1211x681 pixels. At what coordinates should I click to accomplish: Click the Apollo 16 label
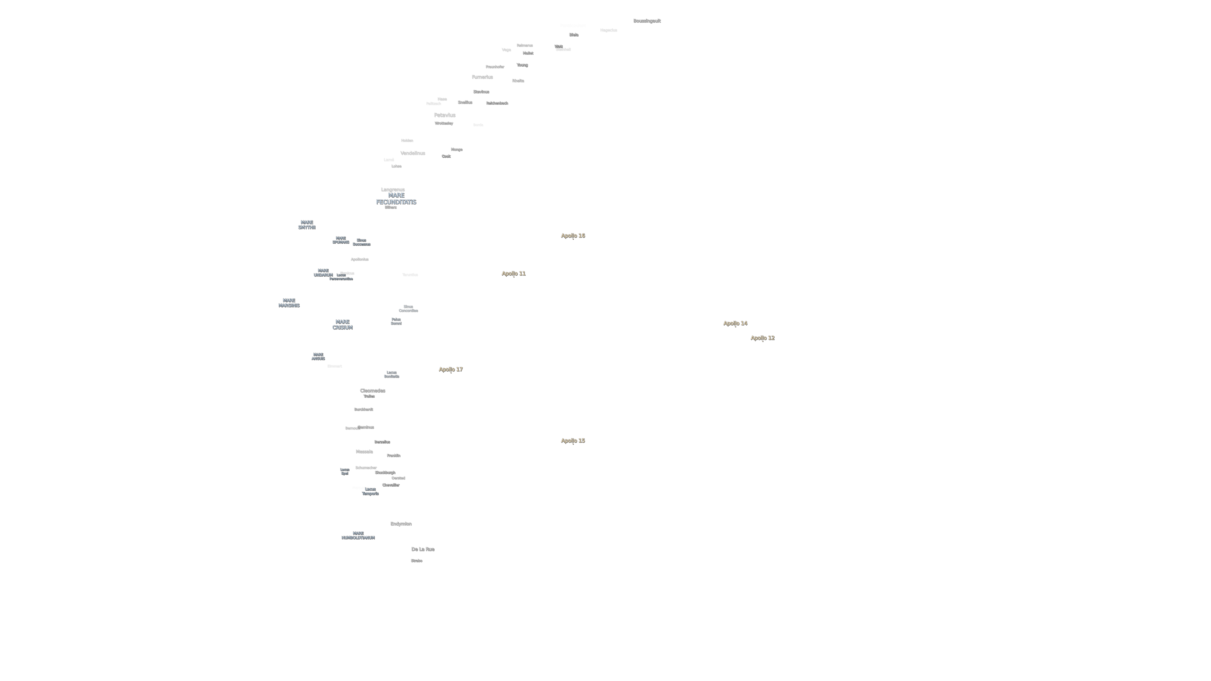tap(572, 235)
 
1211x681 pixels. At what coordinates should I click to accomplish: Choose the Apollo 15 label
tap(572, 440)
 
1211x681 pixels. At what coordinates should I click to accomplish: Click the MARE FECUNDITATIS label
tap(396, 198)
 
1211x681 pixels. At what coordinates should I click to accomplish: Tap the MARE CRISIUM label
tap(342, 324)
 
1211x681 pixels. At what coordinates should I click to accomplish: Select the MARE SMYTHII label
tap(307, 225)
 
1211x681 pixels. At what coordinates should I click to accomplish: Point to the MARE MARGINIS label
tap(289, 303)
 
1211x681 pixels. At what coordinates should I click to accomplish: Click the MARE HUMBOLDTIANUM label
tap(358, 535)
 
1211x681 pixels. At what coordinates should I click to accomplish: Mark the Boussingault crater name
tap(646, 21)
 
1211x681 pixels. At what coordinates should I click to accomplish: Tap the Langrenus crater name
tap(393, 189)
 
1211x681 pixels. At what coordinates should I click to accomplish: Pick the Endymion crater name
tap(401, 524)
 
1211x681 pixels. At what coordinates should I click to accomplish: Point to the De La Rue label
tap(423, 549)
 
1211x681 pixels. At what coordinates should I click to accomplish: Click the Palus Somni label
tap(396, 321)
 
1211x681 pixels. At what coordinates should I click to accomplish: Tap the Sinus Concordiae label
tap(408, 308)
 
